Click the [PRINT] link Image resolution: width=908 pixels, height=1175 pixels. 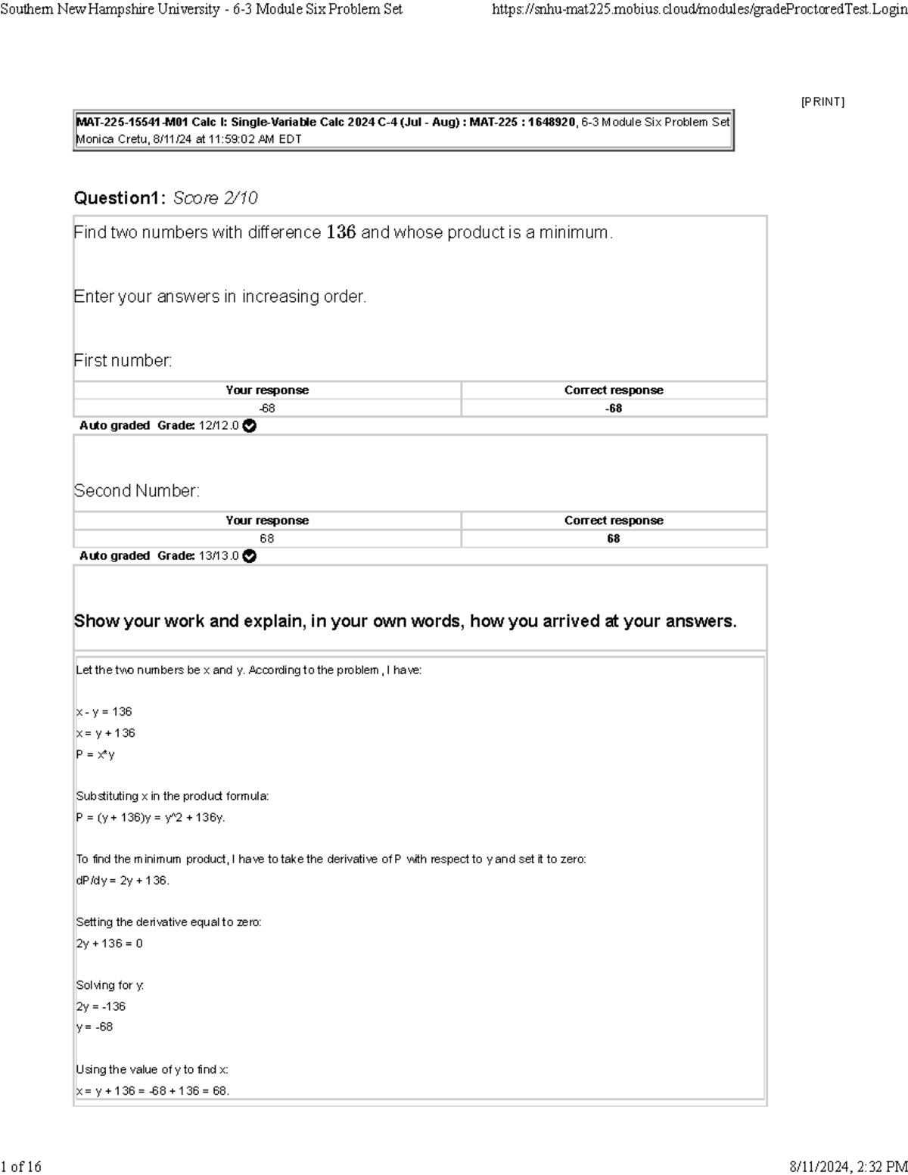[x=822, y=101]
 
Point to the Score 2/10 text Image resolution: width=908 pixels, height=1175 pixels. [x=215, y=198]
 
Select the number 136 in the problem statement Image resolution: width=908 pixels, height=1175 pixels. [x=340, y=232]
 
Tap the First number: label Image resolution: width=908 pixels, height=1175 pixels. [x=123, y=361]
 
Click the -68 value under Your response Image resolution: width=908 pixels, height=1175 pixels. [x=267, y=409]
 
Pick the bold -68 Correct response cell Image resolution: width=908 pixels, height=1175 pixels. [x=614, y=409]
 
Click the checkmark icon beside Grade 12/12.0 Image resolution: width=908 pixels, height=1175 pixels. [x=250, y=426]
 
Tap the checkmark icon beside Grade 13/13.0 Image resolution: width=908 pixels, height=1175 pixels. [x=250, y=556]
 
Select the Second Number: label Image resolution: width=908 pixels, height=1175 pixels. [x=137, y=491]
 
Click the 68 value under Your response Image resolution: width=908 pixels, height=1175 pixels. [x=267, y=539]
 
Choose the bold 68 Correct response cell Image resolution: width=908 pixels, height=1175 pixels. [x=614, y=539]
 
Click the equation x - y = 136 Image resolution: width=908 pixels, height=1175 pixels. [x=104, y=712]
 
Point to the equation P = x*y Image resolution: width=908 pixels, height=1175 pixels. [x=96, y=754]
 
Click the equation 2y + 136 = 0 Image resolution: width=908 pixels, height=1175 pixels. [x=110, y=943]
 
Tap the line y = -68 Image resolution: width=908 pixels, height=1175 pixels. [x=95, y=1027]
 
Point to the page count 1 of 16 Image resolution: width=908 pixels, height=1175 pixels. [x=21, y=1167]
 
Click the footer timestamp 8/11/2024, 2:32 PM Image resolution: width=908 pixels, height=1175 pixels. [x=848, y=1167]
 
